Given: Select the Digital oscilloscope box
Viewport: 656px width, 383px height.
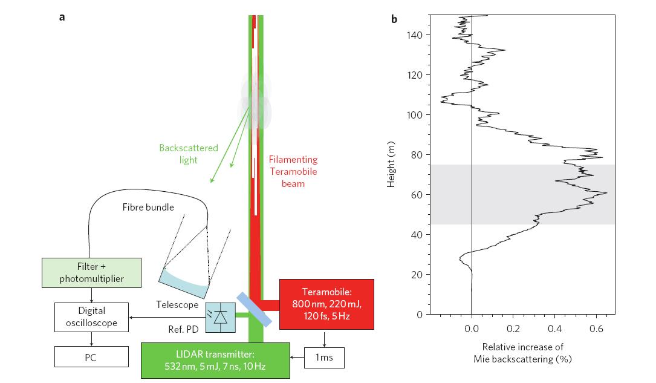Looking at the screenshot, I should pyautogui.click(x=92, y=317).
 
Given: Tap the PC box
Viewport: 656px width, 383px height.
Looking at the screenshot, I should pyautogui.click(x=92, y=358).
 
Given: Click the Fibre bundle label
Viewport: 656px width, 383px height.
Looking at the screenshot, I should pyautogui.click(x=149, y=208).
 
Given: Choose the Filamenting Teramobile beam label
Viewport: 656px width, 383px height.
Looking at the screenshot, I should pyautogui.click(x=293, y=171).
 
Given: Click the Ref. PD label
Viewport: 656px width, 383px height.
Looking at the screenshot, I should pyautogui.click(x=184, y=332).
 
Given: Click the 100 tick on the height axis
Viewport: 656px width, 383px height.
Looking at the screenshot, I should pyautogui.click(x=420, y=115).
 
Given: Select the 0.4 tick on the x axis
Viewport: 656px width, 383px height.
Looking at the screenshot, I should pyautogui.click(x=554, y=329).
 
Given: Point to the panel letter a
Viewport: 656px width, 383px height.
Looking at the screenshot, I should pyautogui.click(x=62, y=17).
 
